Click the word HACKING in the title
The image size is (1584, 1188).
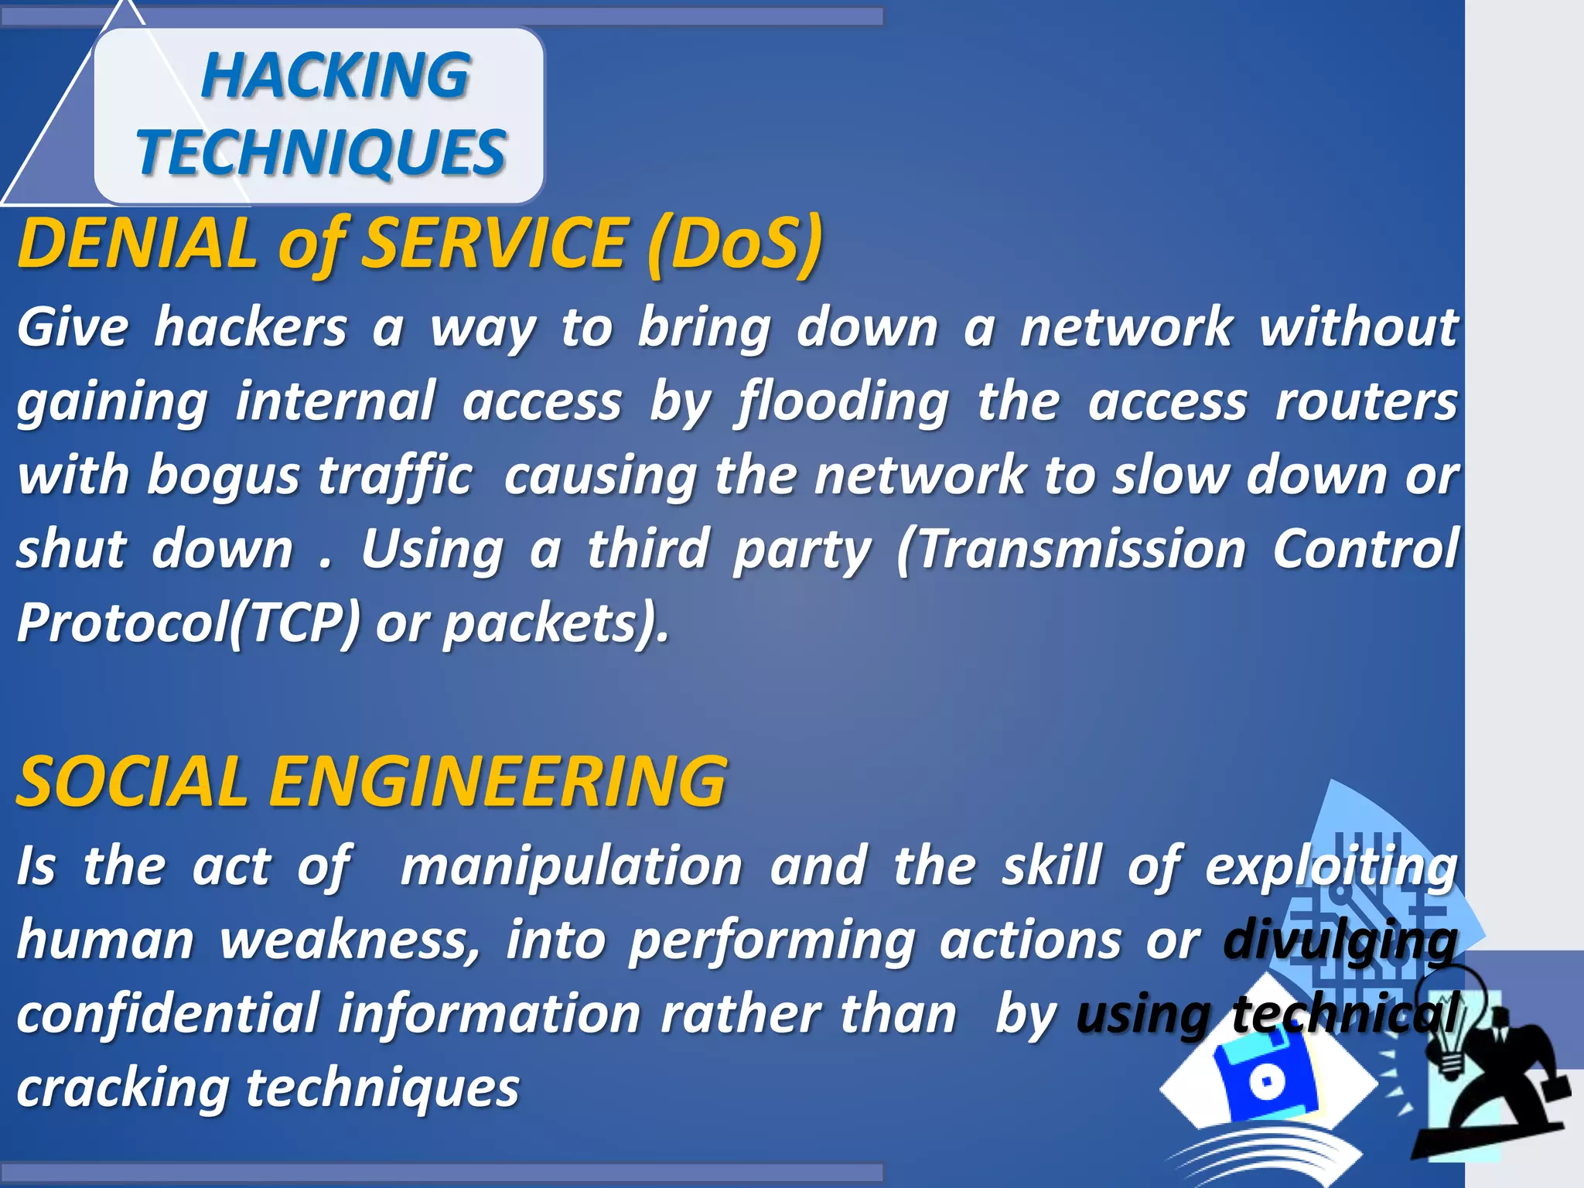click(335, 76)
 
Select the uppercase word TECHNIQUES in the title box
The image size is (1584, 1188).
click(321, 152)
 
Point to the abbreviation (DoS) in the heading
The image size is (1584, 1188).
click(735, 243)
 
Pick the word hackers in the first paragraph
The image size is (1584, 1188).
click(251, 327)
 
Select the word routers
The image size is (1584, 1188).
click(1366, 402)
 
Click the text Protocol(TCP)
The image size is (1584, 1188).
click(189, 623)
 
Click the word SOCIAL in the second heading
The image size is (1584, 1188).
click(131, 781)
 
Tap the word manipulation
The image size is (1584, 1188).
click(572, 865)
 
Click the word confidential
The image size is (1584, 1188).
click(168, 1014)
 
